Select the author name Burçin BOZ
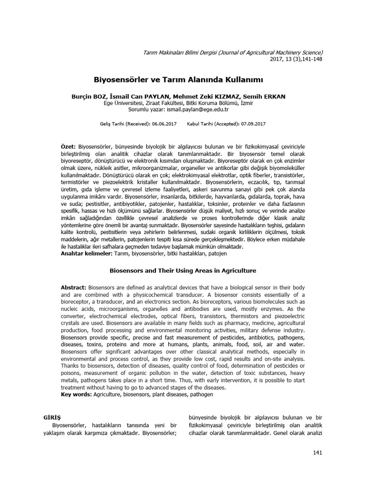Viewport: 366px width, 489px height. [88, 96]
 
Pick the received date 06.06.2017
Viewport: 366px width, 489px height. [164, 124]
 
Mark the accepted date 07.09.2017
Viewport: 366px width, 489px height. [253, 124]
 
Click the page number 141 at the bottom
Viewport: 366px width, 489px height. [318, 452]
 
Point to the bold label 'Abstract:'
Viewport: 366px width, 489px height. [73, 287]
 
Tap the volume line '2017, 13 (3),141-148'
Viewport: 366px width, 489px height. [296, 59]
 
